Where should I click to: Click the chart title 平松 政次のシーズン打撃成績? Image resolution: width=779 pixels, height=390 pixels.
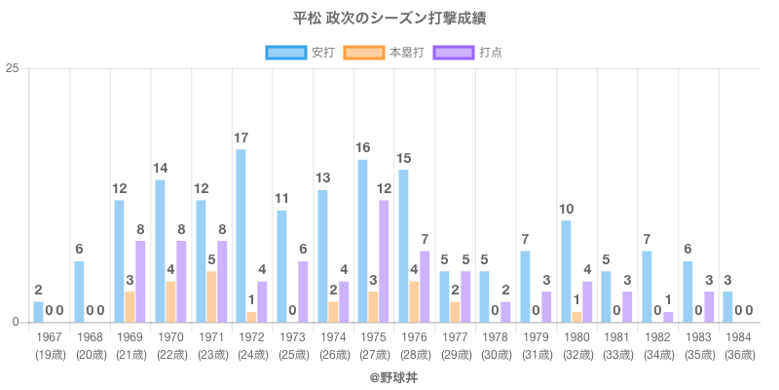pos(389,19)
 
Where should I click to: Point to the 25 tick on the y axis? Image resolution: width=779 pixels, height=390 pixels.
pos(13,68)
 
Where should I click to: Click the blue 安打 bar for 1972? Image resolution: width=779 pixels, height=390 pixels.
pos(241,235)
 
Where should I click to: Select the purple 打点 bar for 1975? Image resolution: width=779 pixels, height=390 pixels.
pos(384,261)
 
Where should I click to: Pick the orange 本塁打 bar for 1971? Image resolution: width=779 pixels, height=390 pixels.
pos(210,296)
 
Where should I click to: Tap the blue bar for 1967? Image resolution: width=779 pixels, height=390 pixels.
pos(38,312)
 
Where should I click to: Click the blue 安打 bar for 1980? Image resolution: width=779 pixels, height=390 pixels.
pos(566,271)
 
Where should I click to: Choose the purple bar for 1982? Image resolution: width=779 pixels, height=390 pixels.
pos(668,317)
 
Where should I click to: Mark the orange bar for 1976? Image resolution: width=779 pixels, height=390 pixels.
pos(414,301)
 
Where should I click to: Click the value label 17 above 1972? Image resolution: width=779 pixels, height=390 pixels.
pos(241,137)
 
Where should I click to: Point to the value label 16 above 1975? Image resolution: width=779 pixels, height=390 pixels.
pos(362,147)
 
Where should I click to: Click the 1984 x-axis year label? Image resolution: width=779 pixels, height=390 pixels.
pos(739,336)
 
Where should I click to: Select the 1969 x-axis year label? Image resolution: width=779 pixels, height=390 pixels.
pos(130,336)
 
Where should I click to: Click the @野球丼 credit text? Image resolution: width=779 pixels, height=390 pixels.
pos(389,374)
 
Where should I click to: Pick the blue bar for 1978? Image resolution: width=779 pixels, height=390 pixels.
pos(484,296)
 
